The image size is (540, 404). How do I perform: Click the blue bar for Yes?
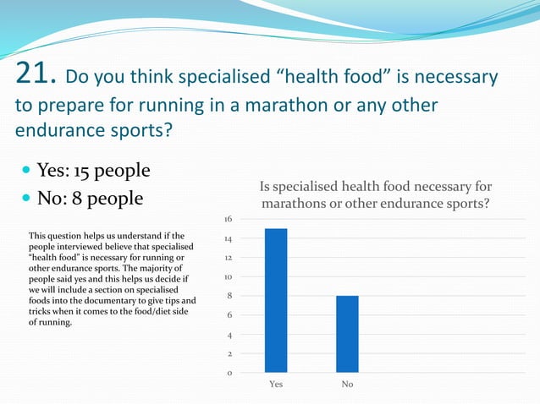click(276, 300)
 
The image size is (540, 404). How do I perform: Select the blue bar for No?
click(347, 334)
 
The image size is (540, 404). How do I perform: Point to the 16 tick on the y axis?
click(229, 219)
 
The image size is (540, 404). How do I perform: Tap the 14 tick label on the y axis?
click(229, 239)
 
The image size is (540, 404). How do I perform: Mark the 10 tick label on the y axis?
click(229, 276)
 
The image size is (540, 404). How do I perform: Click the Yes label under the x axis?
click(276, 385)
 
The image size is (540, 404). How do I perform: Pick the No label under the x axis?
click(347, 385)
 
